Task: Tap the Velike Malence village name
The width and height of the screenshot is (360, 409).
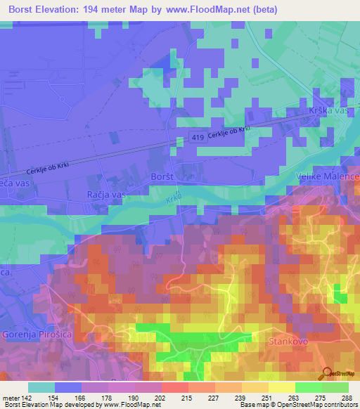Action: tap(327, 176)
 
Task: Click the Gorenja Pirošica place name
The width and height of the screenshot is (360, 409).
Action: tap(37, 333)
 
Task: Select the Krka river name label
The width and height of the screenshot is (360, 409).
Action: tap(174, 197)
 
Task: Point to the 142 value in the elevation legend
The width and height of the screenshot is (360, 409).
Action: tap(27, 398)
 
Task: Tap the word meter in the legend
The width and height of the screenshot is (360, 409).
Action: tap(10, 398)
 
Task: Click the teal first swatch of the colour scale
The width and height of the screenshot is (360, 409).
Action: tap(41, 387)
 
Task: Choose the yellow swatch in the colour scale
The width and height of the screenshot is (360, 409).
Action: tap(281, 387)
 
